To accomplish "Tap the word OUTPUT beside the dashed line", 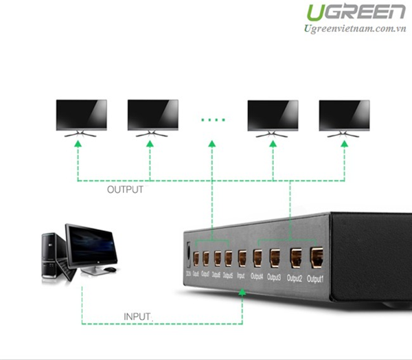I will (x=125, y=190).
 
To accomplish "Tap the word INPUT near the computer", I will (x=137, y=316).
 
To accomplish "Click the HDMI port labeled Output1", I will (x=316, y=257).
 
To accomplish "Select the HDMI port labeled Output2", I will (x=295, y=258).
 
